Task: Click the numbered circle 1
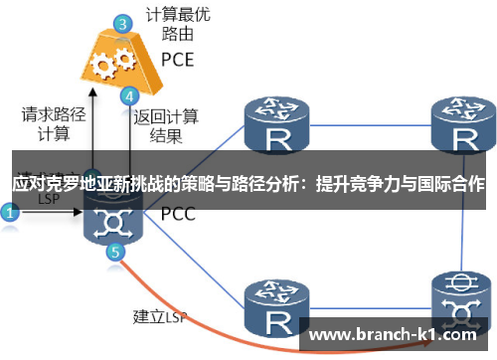coord(10,212)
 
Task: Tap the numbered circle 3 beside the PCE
coord(121,23)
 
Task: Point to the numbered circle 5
coord(116,252)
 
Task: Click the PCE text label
coord(177,59)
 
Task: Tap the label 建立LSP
coord(159,317)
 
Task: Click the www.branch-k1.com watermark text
coord(399,335)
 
